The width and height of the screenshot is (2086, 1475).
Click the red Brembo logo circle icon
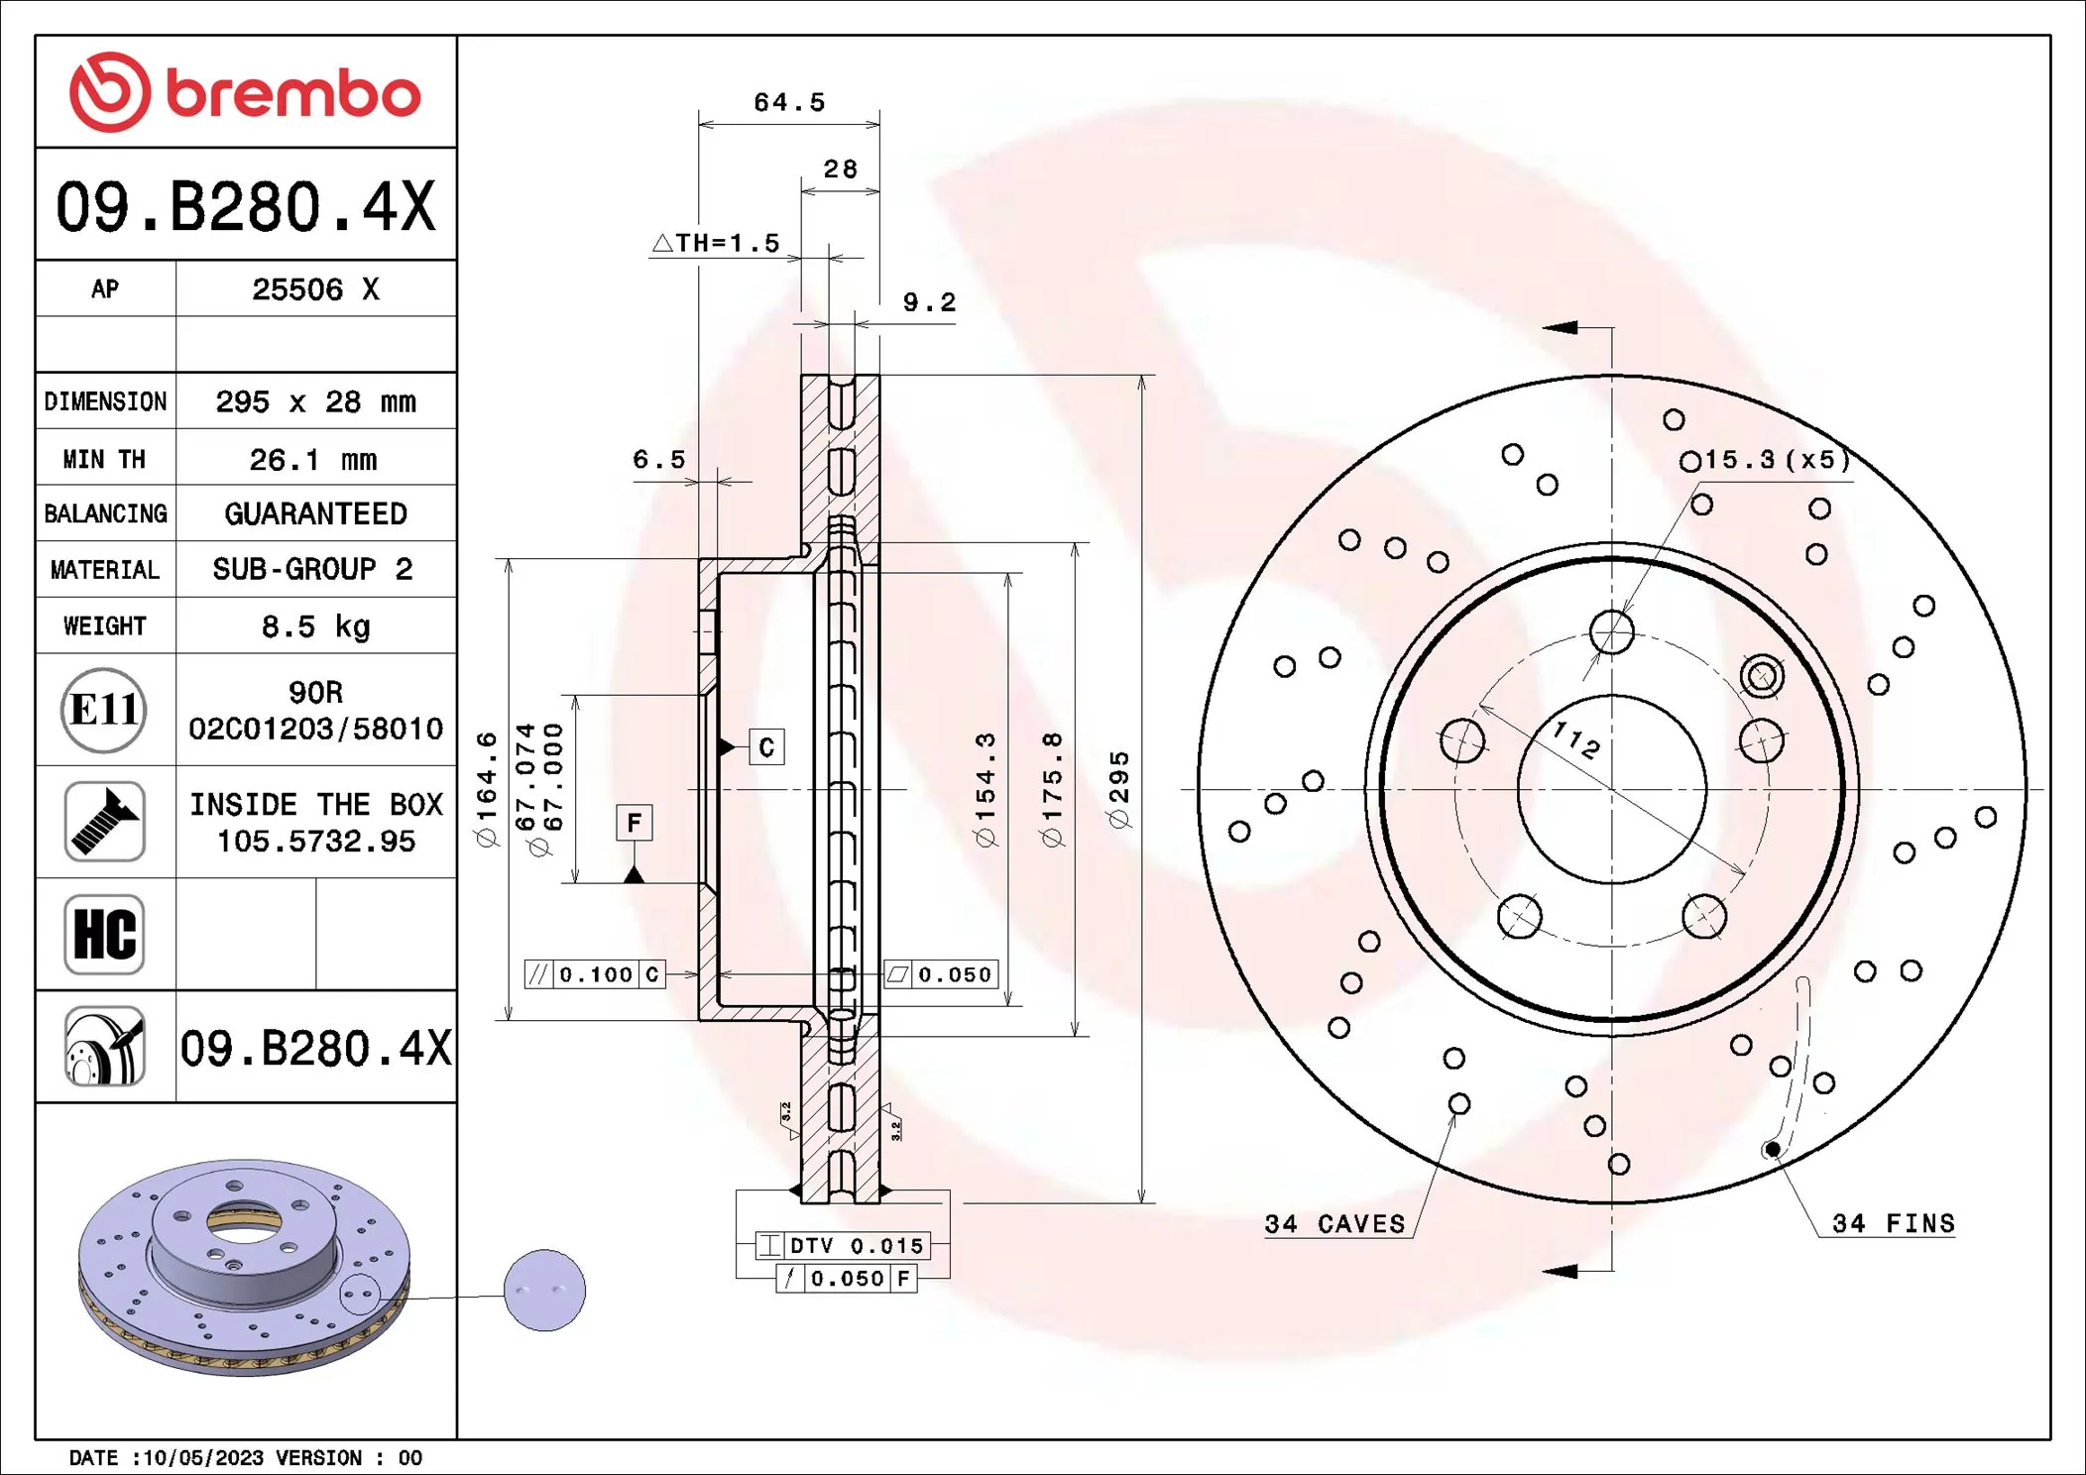[110, 92]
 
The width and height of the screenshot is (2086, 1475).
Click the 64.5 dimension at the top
[789, 102]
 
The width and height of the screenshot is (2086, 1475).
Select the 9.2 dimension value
[929, 302]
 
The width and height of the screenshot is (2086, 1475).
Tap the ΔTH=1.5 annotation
[717, 243]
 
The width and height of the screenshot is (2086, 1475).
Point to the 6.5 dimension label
[659, 459]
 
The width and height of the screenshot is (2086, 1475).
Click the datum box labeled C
[766, 747]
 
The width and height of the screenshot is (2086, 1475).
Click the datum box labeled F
[635, 823]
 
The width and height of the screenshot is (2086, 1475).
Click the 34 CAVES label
[1334, 1224]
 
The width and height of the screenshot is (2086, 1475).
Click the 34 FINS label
[1893, 1223]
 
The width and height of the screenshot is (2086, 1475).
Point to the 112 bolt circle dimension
[1576, 739]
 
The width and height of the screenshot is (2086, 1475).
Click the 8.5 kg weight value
[315, 626]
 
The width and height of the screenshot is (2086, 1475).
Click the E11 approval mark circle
[104, 710]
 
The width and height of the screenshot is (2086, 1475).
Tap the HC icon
[104, 934]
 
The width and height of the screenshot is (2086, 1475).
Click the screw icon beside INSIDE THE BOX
[104, 822]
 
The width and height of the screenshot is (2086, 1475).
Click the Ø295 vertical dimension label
[1118, 790]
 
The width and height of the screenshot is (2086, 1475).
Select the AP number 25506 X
[315, 289]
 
